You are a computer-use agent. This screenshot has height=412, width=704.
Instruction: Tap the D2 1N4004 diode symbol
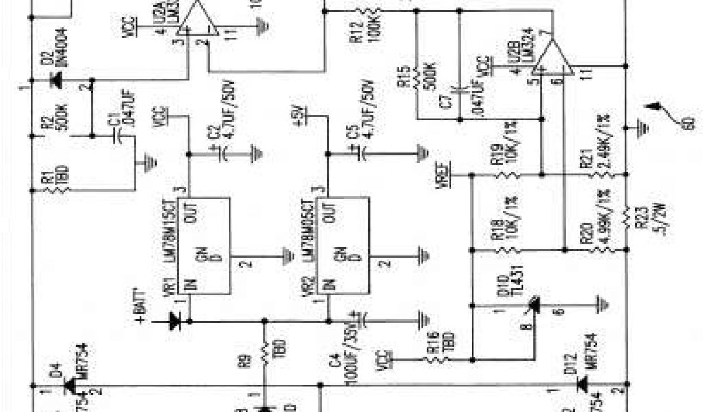coord(56,81)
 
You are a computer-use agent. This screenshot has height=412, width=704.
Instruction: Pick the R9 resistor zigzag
coord(265,356)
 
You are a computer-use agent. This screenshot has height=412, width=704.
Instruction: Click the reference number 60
coord(685,124)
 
